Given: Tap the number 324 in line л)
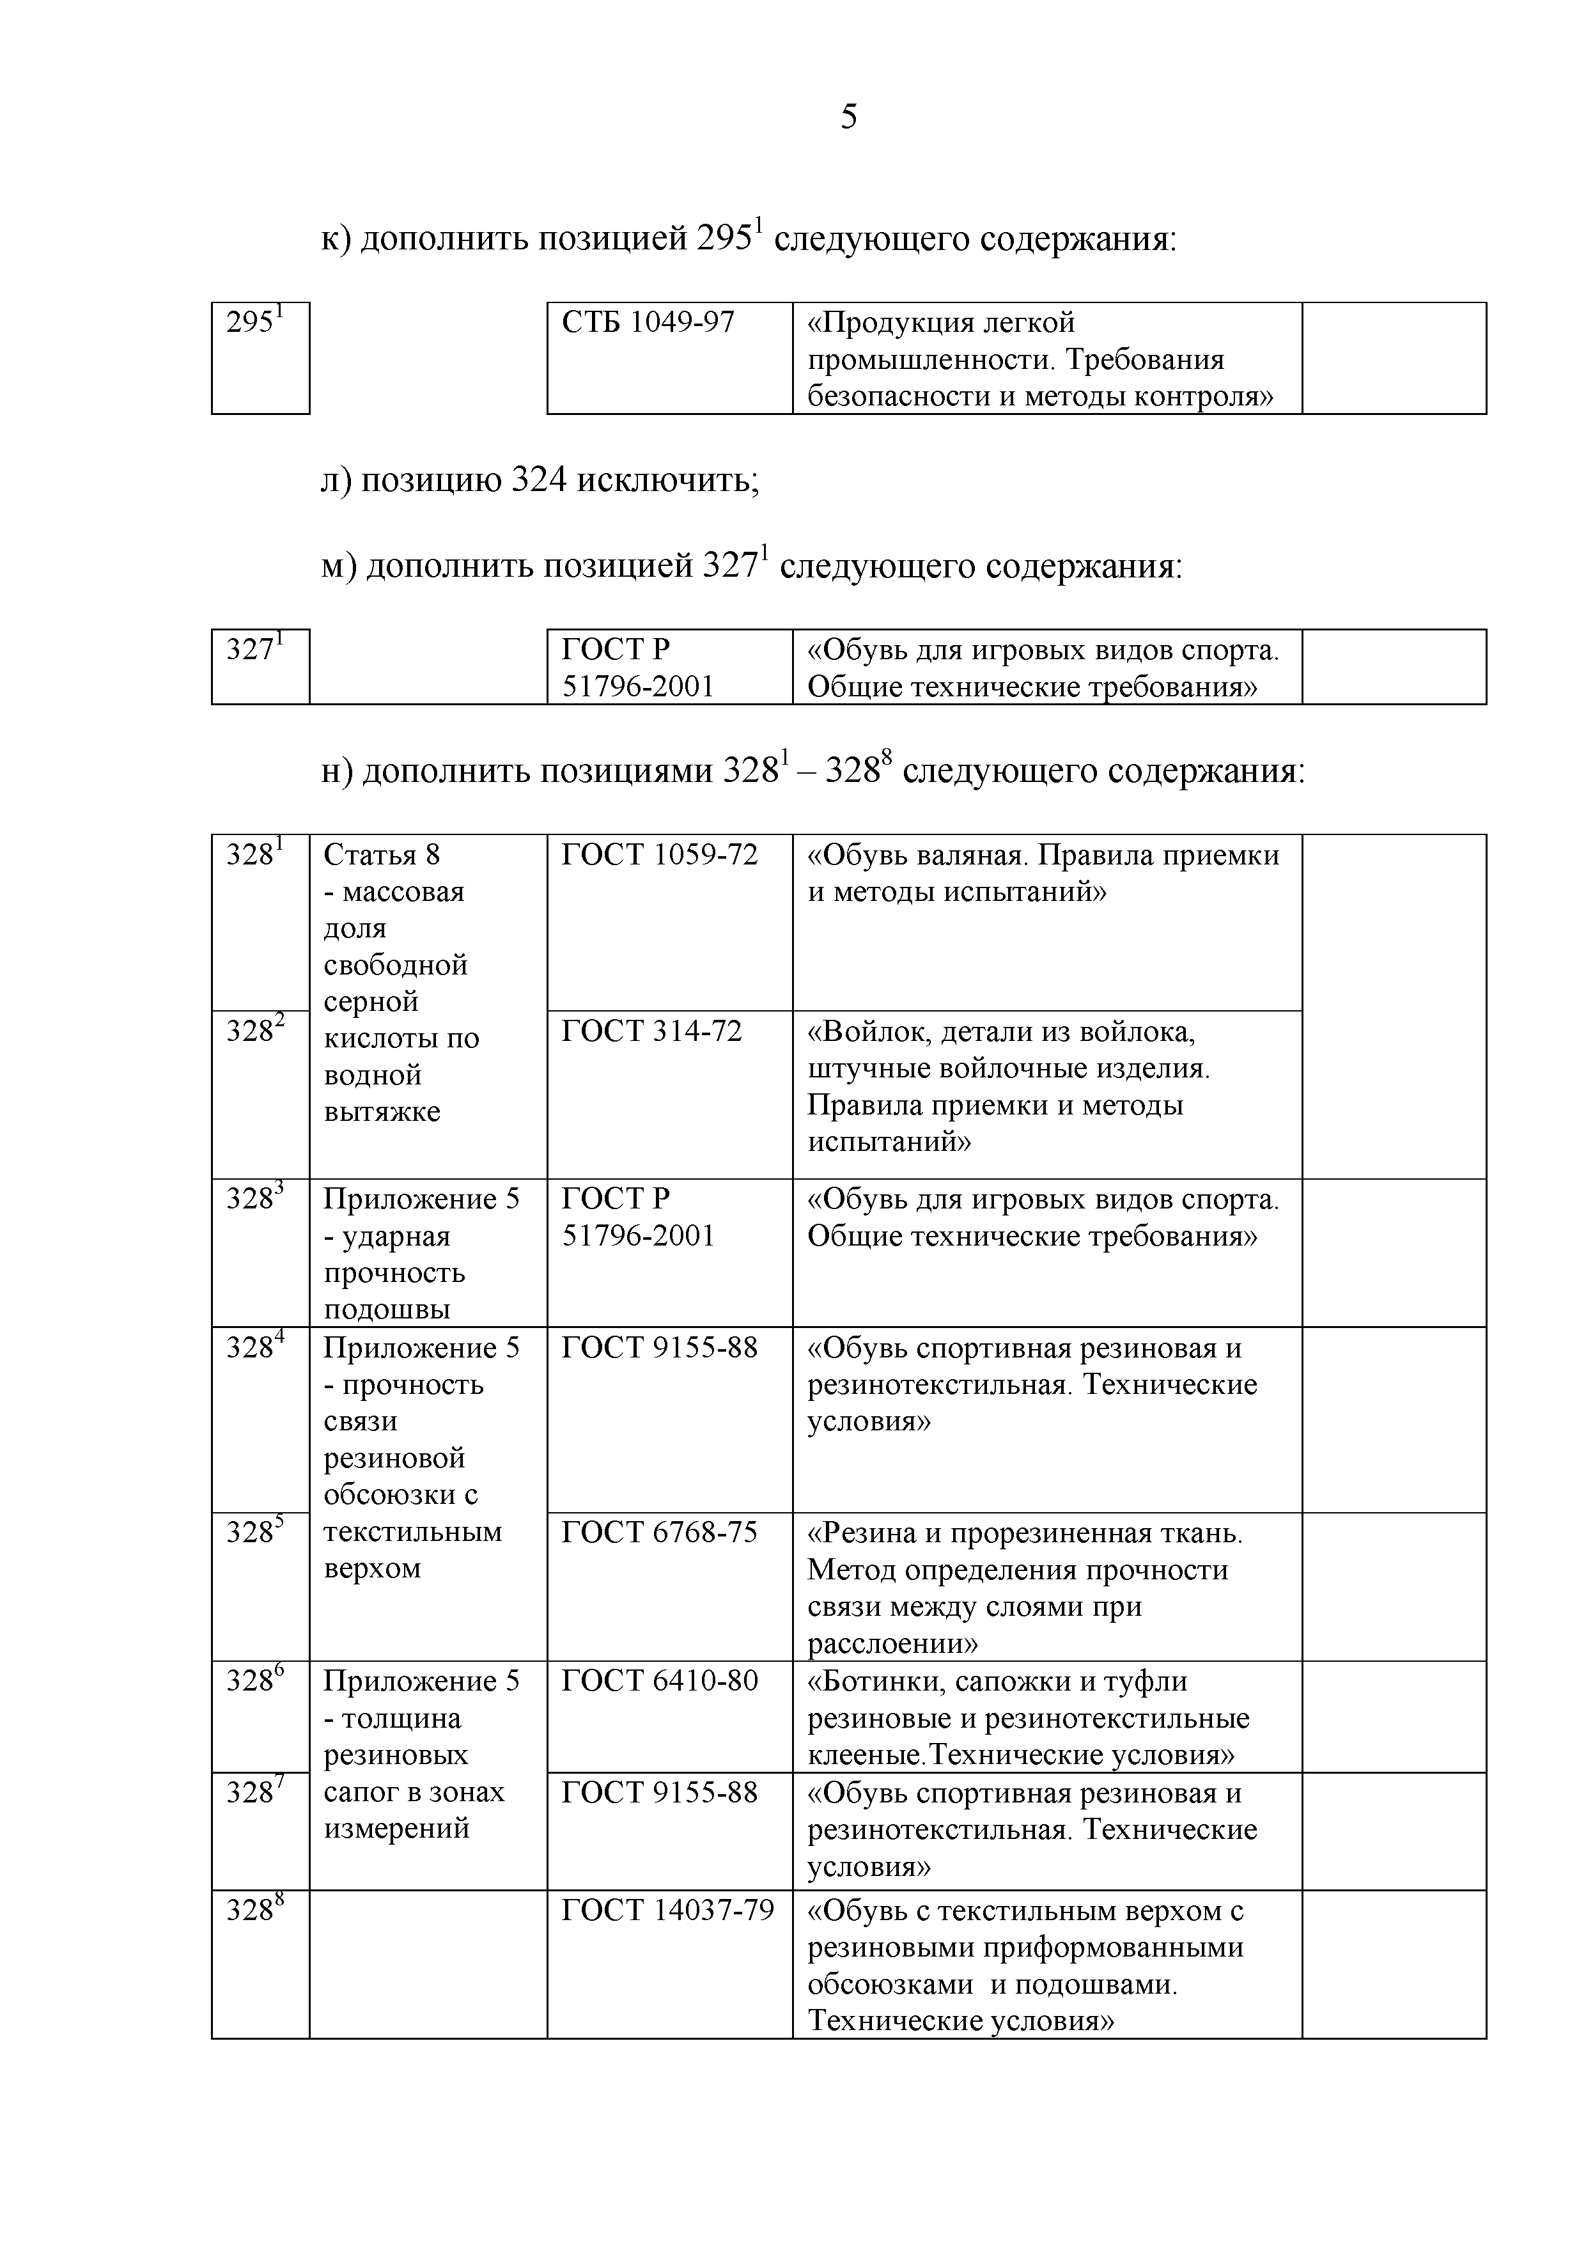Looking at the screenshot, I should [x=539, y=481].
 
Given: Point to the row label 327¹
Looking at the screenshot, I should [x=254, y=649].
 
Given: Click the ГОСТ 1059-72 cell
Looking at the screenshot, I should [x=659, y=855].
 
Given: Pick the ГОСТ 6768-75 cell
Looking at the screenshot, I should [x=659, y=1532].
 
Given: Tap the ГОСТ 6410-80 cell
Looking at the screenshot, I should [x=659, y=1680].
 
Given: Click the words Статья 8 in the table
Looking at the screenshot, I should [x=382, y=855].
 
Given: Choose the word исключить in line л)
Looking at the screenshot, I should [x=667, y=481].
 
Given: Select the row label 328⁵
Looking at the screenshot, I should [x=254, y=1532].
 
